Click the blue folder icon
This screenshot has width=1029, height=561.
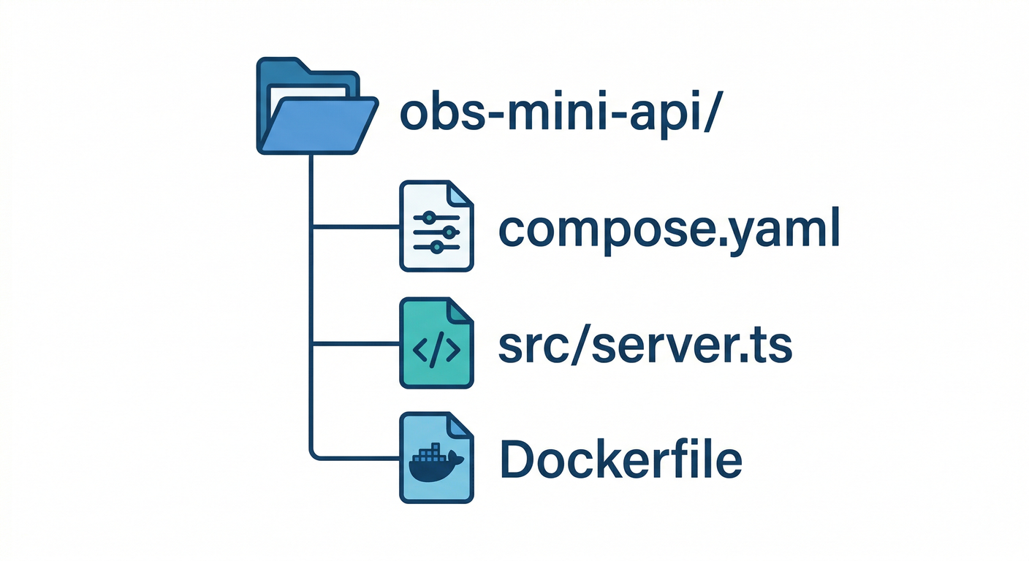[316, 110]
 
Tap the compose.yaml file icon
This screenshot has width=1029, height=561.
[436, 226]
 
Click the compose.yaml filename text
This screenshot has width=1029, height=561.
[668, 229]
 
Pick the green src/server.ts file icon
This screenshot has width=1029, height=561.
[436, 343]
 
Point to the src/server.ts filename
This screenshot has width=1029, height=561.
[645, 346]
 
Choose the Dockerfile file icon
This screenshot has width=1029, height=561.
[436, 459]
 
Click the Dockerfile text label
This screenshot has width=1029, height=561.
[620, 460]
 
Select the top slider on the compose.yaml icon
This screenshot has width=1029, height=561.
[429, 217]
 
